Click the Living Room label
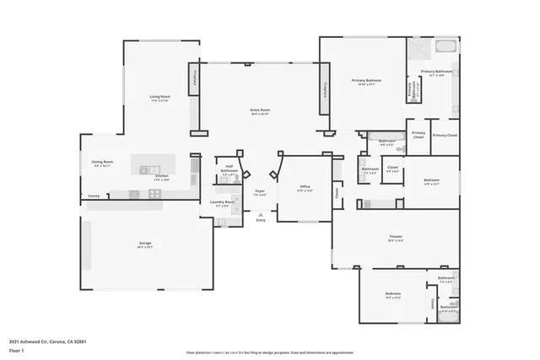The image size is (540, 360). [154, 97]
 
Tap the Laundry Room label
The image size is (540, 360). [223, 202]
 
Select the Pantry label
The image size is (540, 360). [94, 196]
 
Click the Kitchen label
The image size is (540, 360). [160, 176]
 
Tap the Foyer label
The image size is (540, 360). [260, 191]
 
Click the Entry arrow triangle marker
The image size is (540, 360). [260, 214]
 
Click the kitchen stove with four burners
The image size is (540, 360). [155, 193]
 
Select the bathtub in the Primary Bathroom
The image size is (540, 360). [445, 46]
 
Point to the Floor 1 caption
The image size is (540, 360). [16, 349]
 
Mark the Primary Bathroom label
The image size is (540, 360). [436, 72]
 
